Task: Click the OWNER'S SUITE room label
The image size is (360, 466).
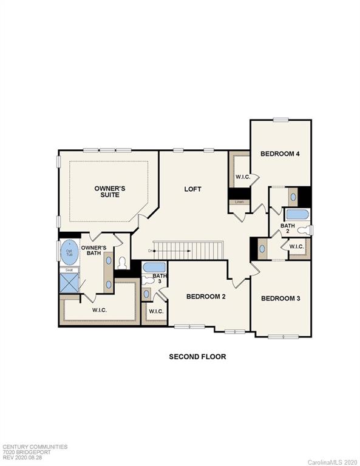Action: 106,192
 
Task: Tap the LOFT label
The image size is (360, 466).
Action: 192,189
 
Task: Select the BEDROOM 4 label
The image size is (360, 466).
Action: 280,154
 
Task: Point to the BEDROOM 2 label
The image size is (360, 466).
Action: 206,297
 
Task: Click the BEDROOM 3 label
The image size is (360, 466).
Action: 281,299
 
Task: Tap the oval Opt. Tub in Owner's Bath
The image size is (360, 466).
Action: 69,252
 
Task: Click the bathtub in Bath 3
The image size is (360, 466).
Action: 154,267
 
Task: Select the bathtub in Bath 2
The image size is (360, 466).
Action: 297,214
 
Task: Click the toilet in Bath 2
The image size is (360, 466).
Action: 308,229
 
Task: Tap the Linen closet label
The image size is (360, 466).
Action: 239,201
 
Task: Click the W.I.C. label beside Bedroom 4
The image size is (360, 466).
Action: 243,177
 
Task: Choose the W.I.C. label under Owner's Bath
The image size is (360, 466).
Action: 100,309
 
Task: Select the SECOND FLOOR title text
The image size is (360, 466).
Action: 197,357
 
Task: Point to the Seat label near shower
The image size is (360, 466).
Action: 69,270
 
